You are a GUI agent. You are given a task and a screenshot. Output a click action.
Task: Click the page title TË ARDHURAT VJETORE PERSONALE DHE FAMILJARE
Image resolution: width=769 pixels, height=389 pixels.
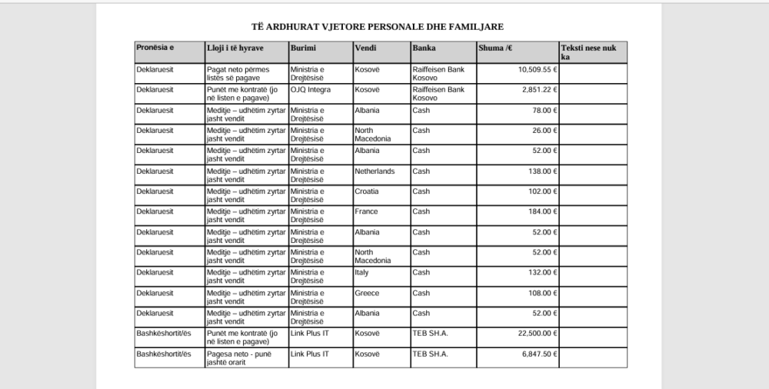point(378,26)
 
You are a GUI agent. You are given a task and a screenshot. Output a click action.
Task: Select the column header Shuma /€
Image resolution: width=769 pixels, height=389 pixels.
point(495,48)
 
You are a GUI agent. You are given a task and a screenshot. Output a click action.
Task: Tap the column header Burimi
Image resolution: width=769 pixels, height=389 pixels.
point(302,48)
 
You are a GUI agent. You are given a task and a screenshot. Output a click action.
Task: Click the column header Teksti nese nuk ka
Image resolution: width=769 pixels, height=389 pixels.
point(589,52)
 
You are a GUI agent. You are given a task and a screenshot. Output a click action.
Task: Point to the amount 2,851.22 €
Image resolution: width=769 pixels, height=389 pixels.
point(540,90)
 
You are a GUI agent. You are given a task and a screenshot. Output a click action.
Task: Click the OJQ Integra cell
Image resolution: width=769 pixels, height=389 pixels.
point(311,90)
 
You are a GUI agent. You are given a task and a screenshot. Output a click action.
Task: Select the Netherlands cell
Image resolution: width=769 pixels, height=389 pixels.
point(375,171)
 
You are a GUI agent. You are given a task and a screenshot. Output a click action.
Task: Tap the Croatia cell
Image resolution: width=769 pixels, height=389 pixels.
point(366,191)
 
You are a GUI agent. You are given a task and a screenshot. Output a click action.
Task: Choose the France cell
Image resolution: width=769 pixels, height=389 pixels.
point(365,211)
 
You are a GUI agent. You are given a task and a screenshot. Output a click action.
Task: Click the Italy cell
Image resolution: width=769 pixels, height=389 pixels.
point(361,272)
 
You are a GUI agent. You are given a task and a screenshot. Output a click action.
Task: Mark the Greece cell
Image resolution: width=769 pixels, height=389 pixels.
point(366,293)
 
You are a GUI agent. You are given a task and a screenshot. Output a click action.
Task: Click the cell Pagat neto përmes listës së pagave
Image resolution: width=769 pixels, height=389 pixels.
point(238,73)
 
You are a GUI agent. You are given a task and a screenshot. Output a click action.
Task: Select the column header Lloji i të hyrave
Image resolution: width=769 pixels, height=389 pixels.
point(235,48)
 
